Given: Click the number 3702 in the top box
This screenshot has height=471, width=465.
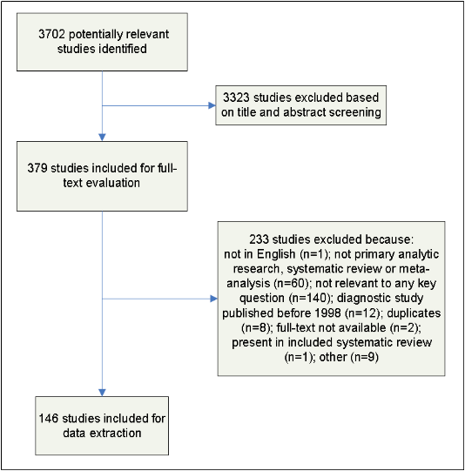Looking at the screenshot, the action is click(51, 34).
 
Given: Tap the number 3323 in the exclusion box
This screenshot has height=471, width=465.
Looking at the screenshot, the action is click(236, 98).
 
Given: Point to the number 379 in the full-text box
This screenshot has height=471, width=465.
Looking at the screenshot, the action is click(37, 168).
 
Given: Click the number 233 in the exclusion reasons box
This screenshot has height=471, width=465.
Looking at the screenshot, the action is click(259, 239).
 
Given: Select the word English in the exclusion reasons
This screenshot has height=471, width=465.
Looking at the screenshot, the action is click(276, 254).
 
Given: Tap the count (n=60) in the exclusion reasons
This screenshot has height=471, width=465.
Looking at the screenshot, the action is click(292, 284).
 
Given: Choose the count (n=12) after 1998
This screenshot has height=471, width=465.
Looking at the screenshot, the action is click(363, 313).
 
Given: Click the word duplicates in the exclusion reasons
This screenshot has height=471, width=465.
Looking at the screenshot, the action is click(414, 313).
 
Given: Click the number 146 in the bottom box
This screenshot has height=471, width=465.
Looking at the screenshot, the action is click(49, 419).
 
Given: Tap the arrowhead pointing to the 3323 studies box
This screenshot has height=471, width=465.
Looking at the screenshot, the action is click(212, 105).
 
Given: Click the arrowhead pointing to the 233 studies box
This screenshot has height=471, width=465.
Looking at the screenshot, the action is click(214, 299).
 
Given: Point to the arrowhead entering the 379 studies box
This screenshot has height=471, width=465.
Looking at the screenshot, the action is click(102, 138).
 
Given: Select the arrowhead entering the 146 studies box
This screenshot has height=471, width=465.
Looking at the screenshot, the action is click(102, 393).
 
